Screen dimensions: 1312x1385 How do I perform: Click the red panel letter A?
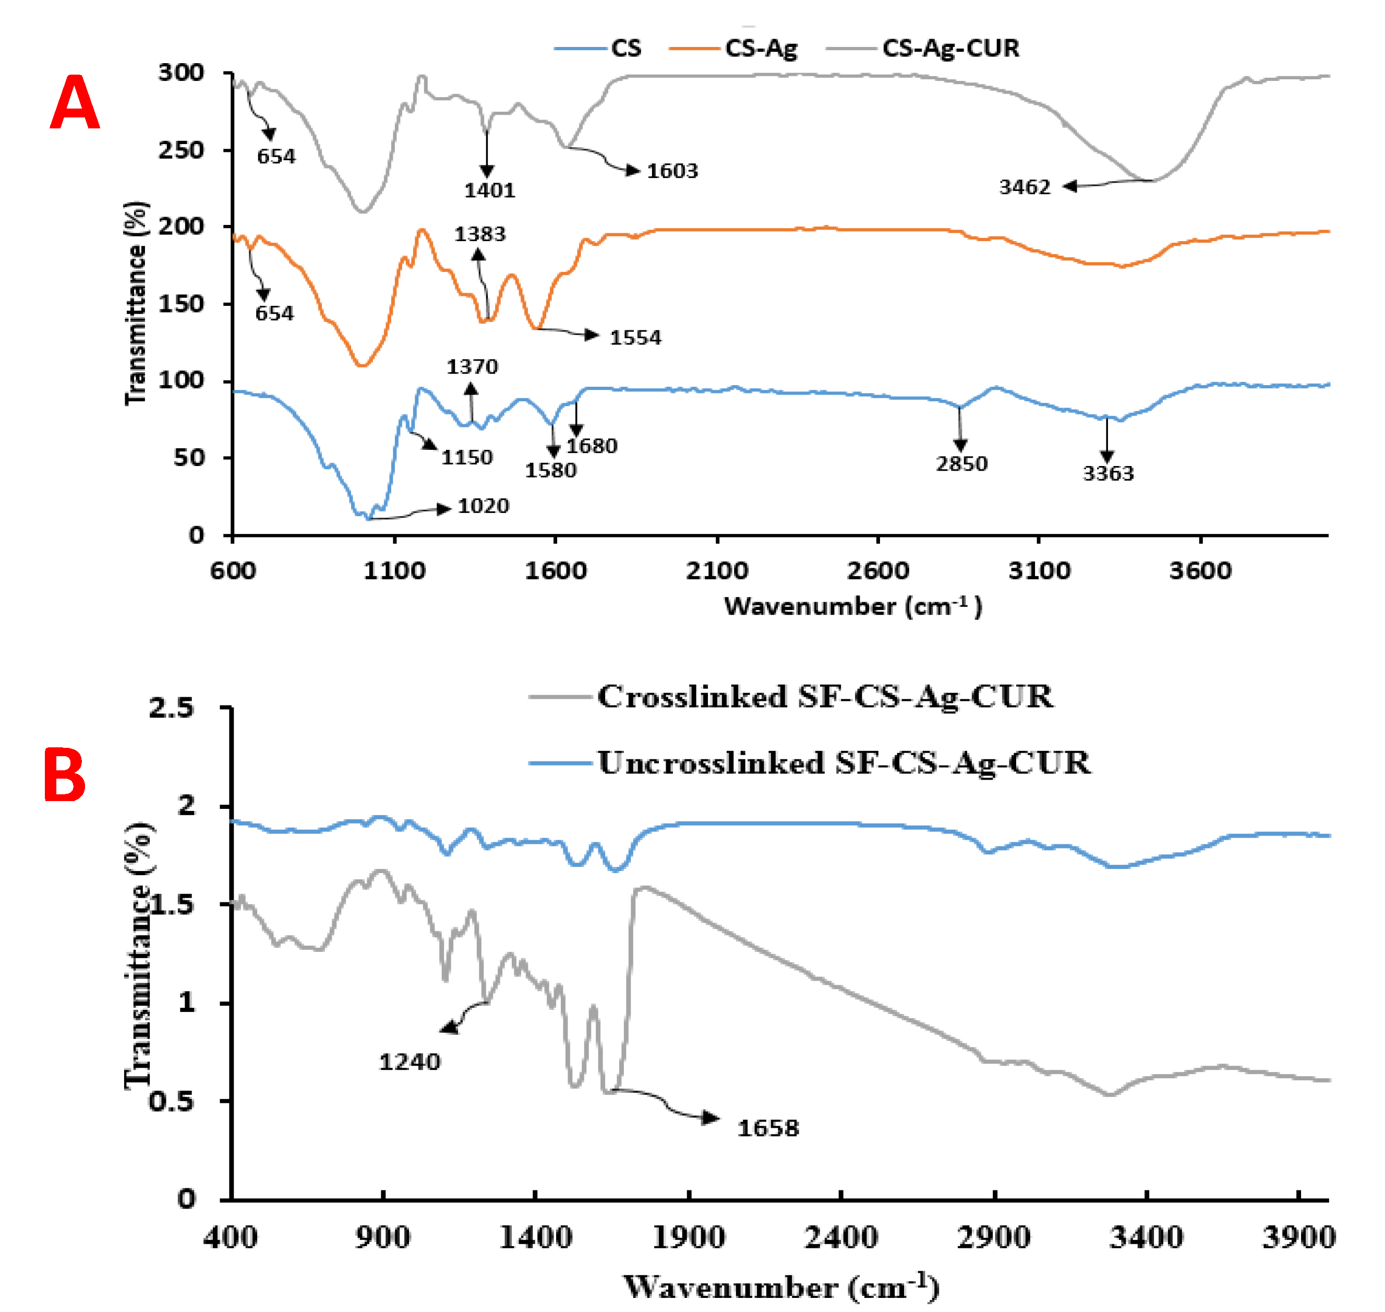(x=75, y=103)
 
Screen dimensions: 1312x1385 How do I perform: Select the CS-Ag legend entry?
(x=760, y=48)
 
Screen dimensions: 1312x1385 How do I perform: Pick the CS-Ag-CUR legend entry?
(x=949, y=48)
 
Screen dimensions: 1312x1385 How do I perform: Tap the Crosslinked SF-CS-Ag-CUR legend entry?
(x=824, y=697)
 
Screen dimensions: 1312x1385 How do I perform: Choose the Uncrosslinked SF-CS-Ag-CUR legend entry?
(x=843, y=762)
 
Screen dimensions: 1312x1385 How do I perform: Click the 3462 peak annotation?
(x=1024, y=187)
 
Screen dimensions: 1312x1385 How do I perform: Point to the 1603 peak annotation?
(x=672, y=171)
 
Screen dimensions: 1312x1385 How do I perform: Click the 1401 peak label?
(x=489, y=190)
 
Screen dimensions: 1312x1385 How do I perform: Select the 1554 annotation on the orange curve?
(x=635, y=338)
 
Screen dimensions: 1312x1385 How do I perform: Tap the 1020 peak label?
(x=483, y=506)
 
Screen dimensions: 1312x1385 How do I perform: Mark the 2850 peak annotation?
(x=961, y=463)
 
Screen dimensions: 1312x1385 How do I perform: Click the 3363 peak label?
(x=1108, y=473)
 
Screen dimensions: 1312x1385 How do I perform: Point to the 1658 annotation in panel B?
(x=768, y=1128)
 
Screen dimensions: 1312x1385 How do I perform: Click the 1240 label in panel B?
(x=410, y=1063)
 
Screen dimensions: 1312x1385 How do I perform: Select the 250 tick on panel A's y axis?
(x=180, y=150)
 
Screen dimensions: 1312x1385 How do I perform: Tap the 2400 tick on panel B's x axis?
(x=840, y=1238)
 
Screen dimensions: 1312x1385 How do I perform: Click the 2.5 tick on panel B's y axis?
(x=171, y=708)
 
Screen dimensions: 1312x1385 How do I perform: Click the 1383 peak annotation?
(x=479, y=234)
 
